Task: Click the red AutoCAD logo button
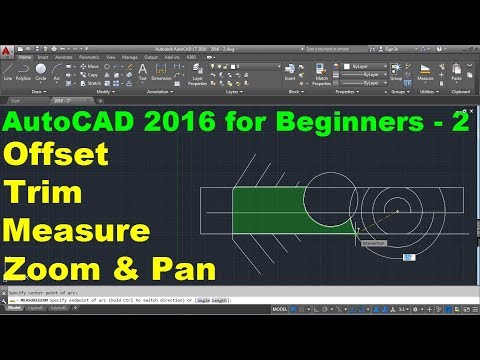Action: coord(7,51)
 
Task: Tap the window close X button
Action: coord(472,47)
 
